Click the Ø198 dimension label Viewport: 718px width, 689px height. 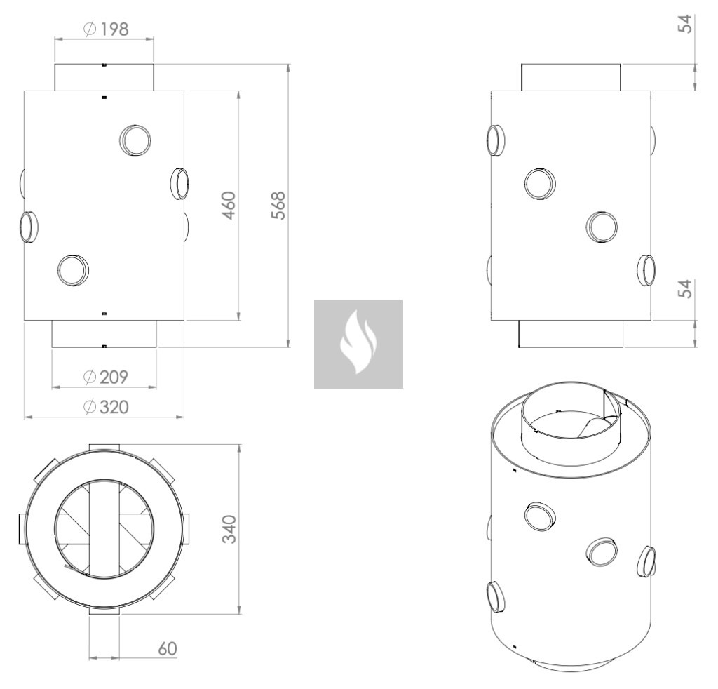pyautogui.click(x=106, y=29)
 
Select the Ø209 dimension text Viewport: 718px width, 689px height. pyautogui.click(x=106, y=377)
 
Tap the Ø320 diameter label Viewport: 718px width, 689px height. pyautogui.click(x=106, y=407)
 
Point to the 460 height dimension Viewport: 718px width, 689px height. pyautogui.click(x=229, y=206)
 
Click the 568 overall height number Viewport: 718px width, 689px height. pyautogui.click(x=278, y=206)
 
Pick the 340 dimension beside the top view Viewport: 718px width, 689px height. pyautogui.click(x=229, y=528)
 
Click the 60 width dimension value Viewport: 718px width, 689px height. pyautogui.click(x=167, y=648)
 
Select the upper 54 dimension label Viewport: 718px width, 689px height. pyautogui.click(x=684, y=24)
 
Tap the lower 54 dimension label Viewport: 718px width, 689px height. pyautogui.click(x=684, y=289)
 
